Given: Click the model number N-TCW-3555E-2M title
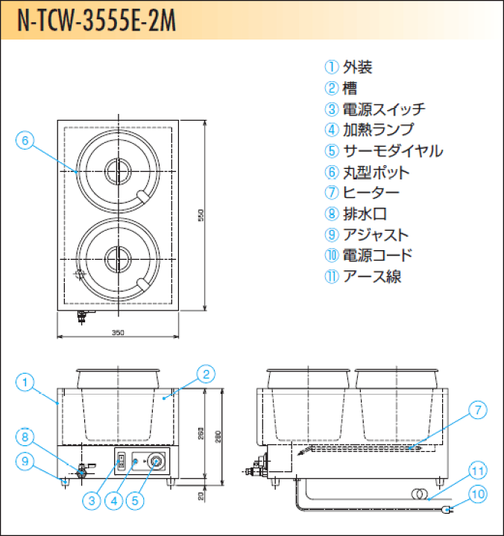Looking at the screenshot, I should pos(97,21).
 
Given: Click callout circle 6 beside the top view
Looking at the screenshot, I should pos(25,140).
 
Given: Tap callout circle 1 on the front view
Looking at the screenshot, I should pos(25,383).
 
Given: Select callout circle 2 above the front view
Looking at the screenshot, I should pos(207,374).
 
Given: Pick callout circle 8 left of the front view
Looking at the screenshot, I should pos(25,437).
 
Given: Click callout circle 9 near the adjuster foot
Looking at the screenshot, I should pos(25,462).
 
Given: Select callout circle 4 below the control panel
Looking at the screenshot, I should pos(114,501).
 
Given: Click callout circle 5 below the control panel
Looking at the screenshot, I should pos(135,501).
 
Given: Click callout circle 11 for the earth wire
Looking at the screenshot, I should pos(477,471).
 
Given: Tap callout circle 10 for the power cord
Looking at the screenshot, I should pos(477,493).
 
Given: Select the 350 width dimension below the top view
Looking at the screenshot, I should pos(117,332).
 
